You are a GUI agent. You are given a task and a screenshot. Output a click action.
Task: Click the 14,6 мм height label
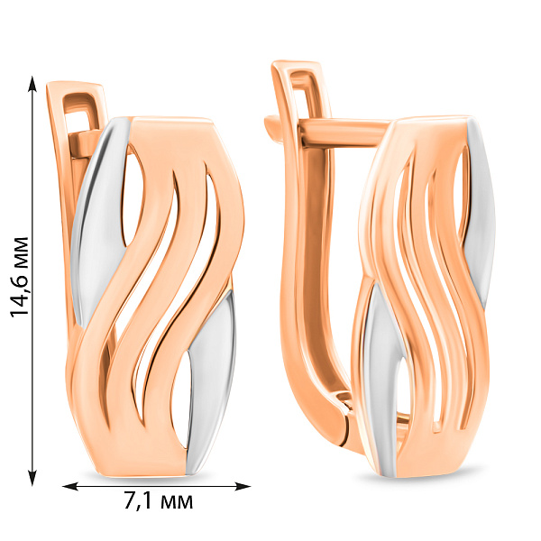(x=19, y=277)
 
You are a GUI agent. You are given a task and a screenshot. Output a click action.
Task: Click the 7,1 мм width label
(x=158, y=501)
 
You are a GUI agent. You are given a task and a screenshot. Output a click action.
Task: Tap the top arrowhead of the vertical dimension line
(x=32, y=84)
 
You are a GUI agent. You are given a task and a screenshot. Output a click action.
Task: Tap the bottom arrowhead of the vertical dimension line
(x=32, y=478)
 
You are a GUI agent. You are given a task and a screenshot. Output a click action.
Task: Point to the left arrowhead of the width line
(x=70, y=487)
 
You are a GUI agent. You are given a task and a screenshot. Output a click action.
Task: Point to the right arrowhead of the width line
(x=243, y=487)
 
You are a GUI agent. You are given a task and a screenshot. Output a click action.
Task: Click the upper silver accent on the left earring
(x=98, y=221)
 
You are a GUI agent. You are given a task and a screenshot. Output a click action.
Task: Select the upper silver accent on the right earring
(x=481, y=214)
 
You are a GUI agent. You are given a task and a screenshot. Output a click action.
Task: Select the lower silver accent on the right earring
(x=381, y=380)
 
